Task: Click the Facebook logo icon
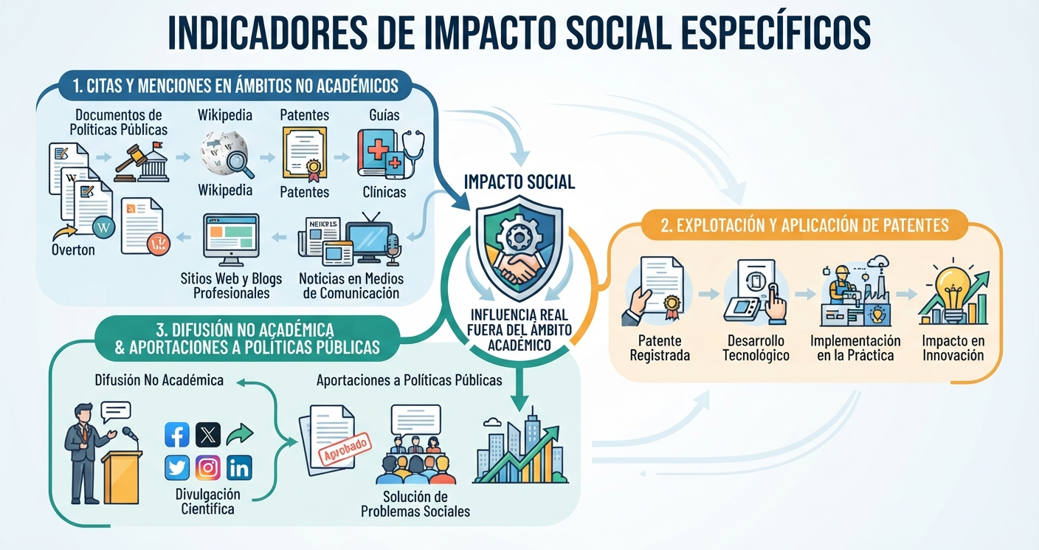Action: click(177, 434)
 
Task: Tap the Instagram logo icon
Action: click(208, 467)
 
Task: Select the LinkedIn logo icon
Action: click(239, 467)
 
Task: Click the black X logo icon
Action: click(208, 434)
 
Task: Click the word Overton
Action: click(73, 250)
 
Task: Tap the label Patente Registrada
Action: click(660, 348)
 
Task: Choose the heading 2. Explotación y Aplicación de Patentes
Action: click(804, 225)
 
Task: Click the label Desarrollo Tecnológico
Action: click(756, 348)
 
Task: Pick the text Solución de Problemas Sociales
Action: click(415, 504)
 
